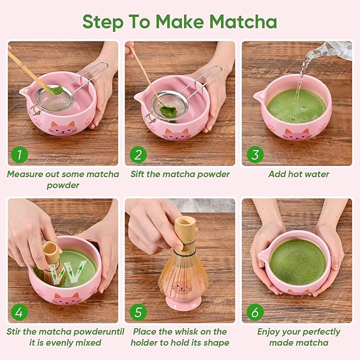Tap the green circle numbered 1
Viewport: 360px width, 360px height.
click(19, 155)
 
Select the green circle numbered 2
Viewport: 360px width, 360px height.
click(138, 155)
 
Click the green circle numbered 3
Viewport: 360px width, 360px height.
click(255, 155)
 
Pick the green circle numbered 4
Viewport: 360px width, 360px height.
click(19, 312)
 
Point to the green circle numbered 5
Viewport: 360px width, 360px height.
click(138, 312)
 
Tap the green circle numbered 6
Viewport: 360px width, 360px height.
click(255, 312)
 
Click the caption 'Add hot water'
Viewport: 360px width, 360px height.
click(298, 174)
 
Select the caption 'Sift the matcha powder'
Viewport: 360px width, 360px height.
click(180, 174)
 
